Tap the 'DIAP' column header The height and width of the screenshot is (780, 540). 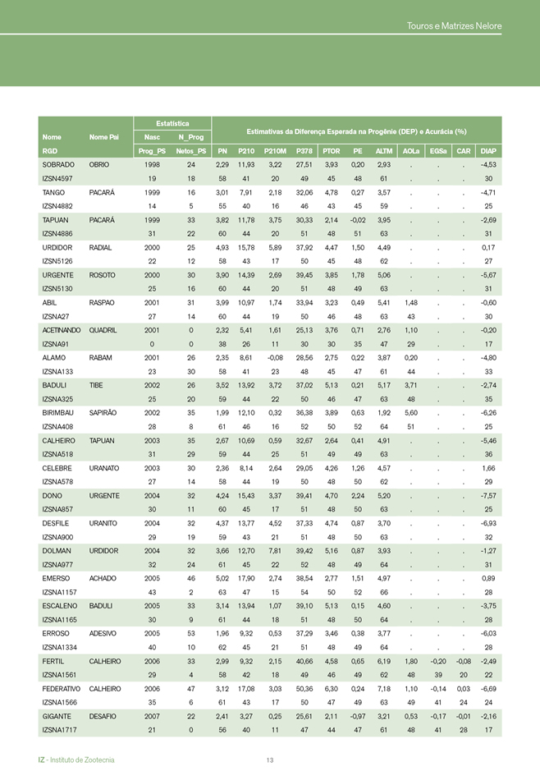tap(487, 151)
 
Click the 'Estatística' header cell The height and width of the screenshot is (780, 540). tap(168, 123)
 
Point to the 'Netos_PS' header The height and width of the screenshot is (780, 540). tap(190, 151)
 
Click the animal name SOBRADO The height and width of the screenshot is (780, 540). tap(57, 165)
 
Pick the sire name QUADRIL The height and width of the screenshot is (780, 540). tap(104, 326)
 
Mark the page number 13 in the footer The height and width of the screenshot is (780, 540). tap(270, 759)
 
